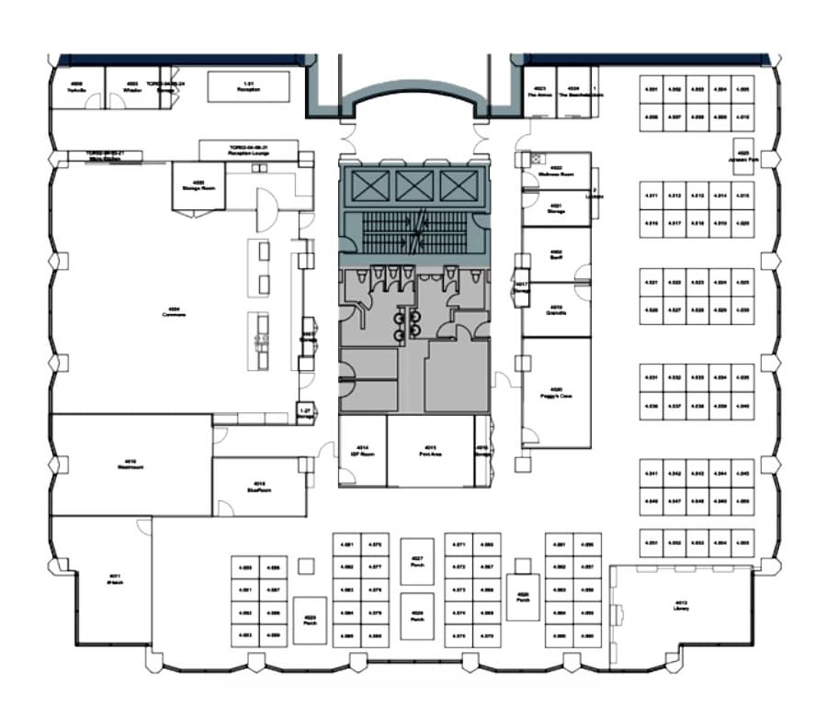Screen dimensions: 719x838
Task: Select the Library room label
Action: point(681,606)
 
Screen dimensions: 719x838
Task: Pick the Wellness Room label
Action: point(557,170)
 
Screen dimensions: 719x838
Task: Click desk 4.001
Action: point(652,89)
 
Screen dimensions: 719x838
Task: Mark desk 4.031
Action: point(652,377)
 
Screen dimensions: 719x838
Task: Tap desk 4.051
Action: point(652,544)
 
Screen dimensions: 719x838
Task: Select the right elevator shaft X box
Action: point(456,186)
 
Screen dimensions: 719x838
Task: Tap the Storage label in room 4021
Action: point(556,208)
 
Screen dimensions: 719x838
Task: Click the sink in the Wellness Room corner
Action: point(527,159)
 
